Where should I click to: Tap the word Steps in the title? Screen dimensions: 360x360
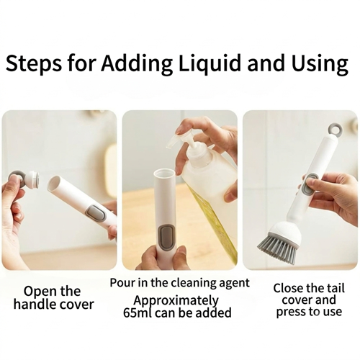[x=34, y=64]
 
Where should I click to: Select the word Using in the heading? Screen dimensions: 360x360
[x=320, y=64]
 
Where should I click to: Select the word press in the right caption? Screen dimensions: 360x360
[x=289, y=312]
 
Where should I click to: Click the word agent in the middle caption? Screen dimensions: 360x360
[x=234, y=283]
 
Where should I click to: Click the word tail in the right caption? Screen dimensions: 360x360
[x=336, y=288]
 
